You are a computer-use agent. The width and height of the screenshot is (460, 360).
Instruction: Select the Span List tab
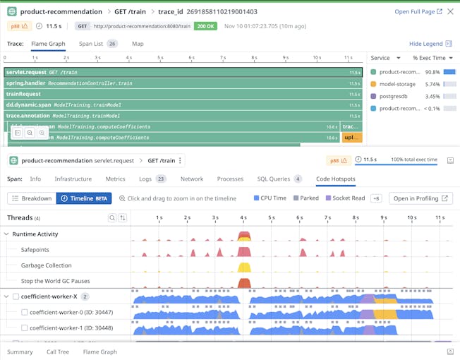point(97,44)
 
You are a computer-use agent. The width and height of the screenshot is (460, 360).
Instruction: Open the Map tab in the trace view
point(138,44)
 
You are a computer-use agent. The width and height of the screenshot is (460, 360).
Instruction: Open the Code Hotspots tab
point(336,179)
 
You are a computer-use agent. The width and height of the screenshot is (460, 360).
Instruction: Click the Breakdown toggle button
point(32,198)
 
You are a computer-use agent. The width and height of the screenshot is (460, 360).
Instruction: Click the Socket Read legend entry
point(346,198)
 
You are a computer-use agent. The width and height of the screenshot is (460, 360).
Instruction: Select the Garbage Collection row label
point(46,265)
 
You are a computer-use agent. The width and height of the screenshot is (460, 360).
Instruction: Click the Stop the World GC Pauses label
point(55,281)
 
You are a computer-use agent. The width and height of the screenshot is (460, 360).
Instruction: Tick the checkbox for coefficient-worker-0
point(25,312)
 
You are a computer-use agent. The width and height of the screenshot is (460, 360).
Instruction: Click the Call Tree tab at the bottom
point(58,352)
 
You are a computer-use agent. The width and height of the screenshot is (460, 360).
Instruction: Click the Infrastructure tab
point(73,179)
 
